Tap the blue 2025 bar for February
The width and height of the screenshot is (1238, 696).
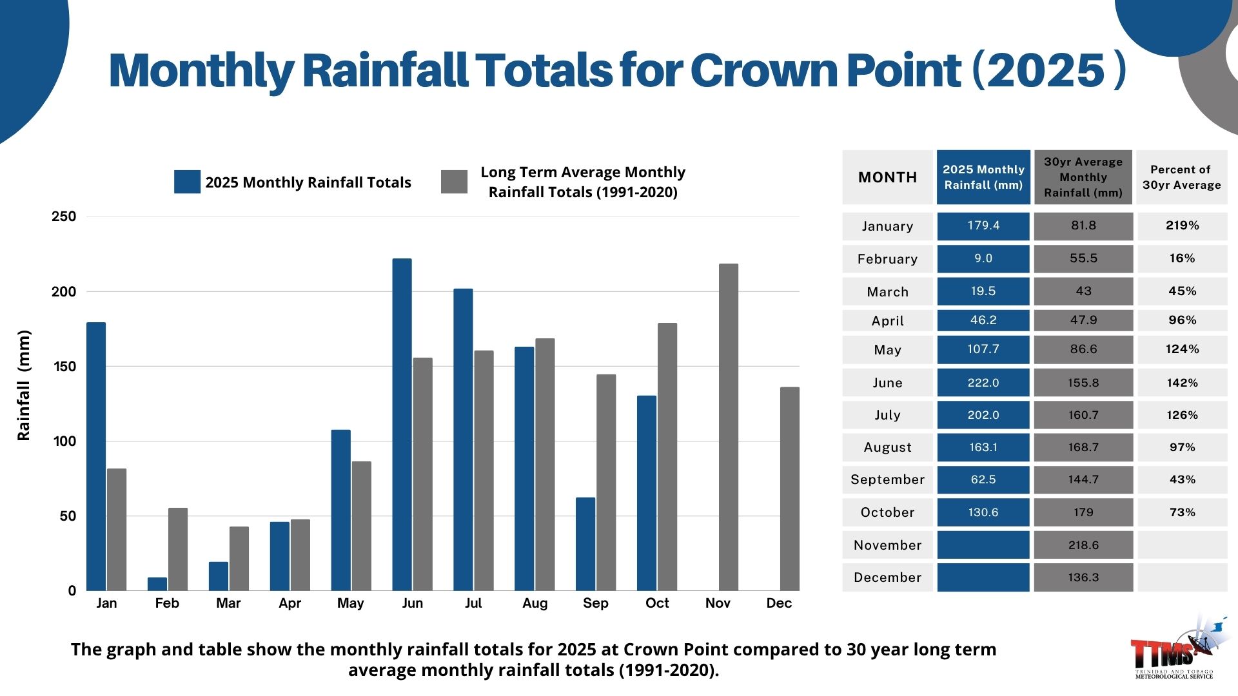[157, 584]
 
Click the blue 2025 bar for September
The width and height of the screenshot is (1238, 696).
[585, 544]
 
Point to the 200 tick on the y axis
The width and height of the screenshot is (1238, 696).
[64, 291]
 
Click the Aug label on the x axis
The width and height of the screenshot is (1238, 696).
[535, 603]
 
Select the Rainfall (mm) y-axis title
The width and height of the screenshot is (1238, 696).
[24, 385]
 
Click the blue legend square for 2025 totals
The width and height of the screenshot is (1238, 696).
[187, 182]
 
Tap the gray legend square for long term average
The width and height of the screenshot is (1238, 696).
[454, 182]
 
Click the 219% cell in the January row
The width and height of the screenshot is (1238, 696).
[1182, 226]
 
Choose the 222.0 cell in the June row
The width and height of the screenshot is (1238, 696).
[983, 383]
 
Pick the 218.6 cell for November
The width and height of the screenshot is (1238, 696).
[1083, 545]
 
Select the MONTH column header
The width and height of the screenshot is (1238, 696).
[887, 177]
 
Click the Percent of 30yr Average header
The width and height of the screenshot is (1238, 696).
[1181, 177]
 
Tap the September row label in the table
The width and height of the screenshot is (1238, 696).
[887, 479]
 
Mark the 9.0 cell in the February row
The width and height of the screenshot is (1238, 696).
[983, 258]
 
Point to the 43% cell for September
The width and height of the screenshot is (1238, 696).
[1182, 479]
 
